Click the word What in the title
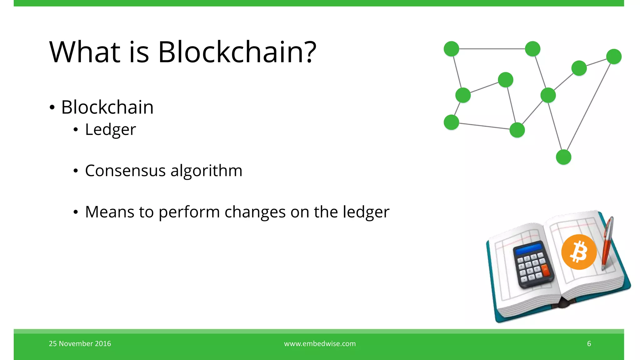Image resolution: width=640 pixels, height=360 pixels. point(85,52)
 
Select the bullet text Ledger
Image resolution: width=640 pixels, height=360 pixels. point(110,129)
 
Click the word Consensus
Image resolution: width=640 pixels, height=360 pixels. point(125,171)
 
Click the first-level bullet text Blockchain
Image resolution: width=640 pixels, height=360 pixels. point(107,107)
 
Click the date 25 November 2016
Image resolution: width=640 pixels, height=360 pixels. point(80,343)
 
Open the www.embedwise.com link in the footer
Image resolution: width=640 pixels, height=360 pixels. point(320,343)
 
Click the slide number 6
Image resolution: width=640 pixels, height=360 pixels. point(589,343)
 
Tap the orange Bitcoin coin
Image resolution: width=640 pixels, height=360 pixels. point(579,252)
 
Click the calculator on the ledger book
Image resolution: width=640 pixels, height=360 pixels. point(533,264)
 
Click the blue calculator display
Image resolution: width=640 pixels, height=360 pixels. point(528,249)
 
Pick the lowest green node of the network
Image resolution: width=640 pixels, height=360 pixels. point(563,157)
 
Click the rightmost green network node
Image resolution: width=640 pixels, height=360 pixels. point(614,57)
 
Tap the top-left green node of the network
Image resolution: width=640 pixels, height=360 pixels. point(451,49)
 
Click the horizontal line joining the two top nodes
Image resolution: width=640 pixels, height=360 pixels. point(492,49)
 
